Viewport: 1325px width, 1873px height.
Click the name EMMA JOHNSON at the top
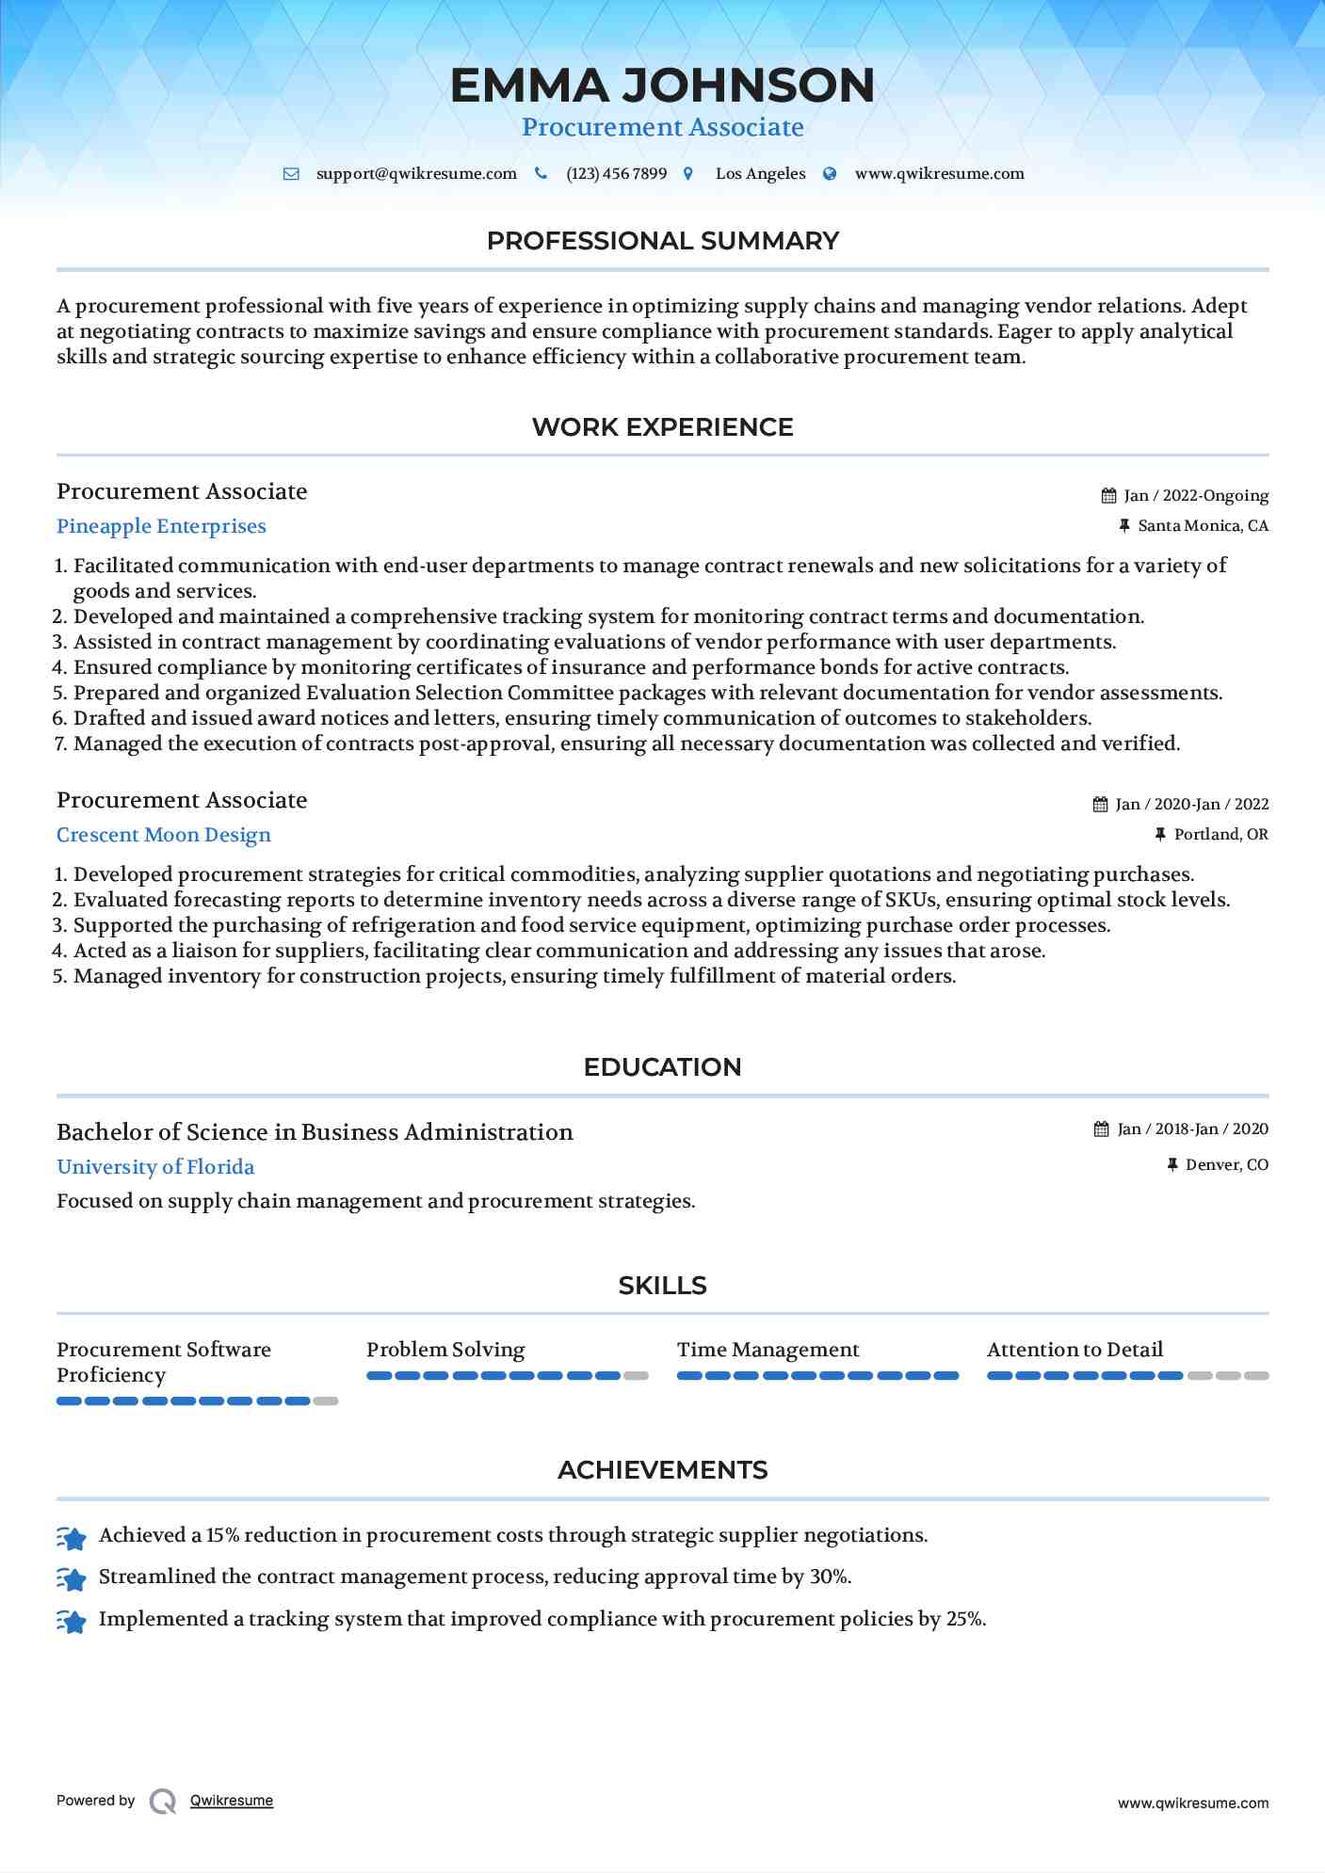click(662, 86)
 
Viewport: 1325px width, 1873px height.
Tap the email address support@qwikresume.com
click(416, 174)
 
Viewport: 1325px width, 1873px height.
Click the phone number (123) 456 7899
click(616, 174)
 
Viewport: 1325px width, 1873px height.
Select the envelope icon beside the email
click(291, 174)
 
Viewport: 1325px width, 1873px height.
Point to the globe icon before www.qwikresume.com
click(830, 174)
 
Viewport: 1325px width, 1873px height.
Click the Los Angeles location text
click(760, 174)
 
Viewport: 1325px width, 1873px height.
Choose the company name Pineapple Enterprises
click(161, 527)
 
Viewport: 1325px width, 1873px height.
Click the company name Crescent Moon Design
click(164, 836)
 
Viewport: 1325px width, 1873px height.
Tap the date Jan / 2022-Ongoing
click(1196, 496)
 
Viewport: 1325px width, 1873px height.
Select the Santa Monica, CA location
click(1203, 526)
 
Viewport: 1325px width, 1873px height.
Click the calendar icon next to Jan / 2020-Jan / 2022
click(1100, 805)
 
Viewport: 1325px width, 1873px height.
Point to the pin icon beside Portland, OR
click(1160, 835)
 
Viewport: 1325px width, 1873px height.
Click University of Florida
click(155, 1168)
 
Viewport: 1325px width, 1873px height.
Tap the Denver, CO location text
click(1226, 1165)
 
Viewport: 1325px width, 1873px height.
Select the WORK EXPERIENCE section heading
click(662, 427)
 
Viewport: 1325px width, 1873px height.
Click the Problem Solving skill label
click(445, 1350)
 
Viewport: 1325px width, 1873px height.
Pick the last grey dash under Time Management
click(945, 1376)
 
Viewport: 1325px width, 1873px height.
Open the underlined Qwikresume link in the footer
click(232, 1801)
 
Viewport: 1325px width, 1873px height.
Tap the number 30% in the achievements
click(830, 1577)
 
